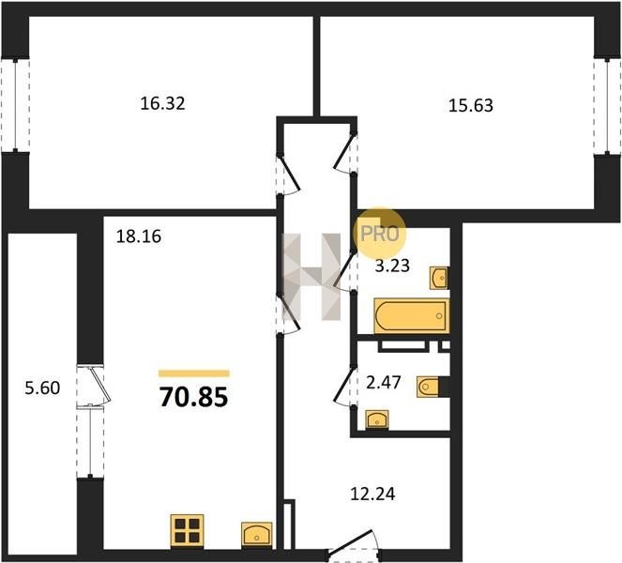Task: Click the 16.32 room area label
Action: click(x=162, y=104)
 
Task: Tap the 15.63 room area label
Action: click(x=471, y=106)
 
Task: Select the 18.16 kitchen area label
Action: click(x=139, y=236)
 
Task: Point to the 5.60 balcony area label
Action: click(x=42, y=388)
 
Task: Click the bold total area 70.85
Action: click(x=193, y=398)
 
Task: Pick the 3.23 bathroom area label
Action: click(x=392, y=266)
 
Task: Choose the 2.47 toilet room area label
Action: click(x=383, y=383)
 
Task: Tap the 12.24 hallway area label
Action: click(x=372, y=495)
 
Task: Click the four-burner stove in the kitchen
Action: click(x=188, y=531)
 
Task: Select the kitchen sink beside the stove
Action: click(x=257, y=535)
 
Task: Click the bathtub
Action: click(x=411, y=316)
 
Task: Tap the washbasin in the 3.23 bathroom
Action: click(x=439, y=278)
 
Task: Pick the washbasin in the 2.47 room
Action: click(x=377, y=419)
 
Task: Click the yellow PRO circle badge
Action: click(x=380, y=233)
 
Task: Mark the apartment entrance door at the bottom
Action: click(x=352, y=550)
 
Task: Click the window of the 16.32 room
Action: click(x=15, y=105)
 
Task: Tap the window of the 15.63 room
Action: click(x=607, y=106)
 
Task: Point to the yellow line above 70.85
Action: click(x=194, y=373)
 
